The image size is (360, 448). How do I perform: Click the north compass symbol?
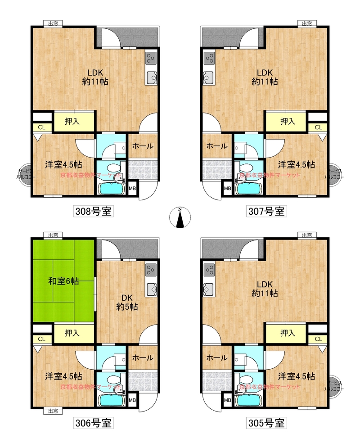click(180, 217)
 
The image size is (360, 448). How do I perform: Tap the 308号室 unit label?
click(93, 212)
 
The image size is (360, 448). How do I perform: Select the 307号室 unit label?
click(266, 212)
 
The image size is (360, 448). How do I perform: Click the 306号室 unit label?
click(93, 423)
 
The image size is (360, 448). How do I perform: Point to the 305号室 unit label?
click(266, 423)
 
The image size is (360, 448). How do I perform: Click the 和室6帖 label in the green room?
click(63, 281)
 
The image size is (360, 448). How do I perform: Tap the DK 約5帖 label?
click(127, 302)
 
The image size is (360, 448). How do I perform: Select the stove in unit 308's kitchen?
click(151, 59)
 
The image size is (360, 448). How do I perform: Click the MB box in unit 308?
click(132, 189)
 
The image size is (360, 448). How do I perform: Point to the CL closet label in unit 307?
click(319, 127)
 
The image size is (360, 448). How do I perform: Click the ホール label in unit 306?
click(143, 357)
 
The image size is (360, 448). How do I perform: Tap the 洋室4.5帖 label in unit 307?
click(297, 165)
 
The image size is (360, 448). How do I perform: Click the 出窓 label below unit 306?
click(53, 411)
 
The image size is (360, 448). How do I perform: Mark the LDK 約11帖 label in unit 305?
click(265, 289)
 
